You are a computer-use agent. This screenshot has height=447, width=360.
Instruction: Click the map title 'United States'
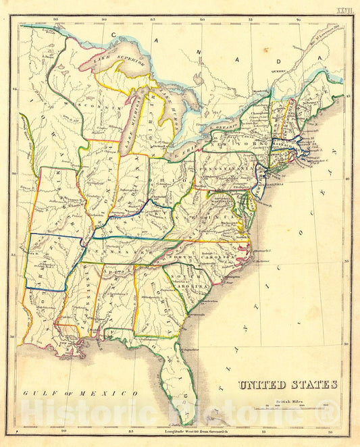tap(287, 385)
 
